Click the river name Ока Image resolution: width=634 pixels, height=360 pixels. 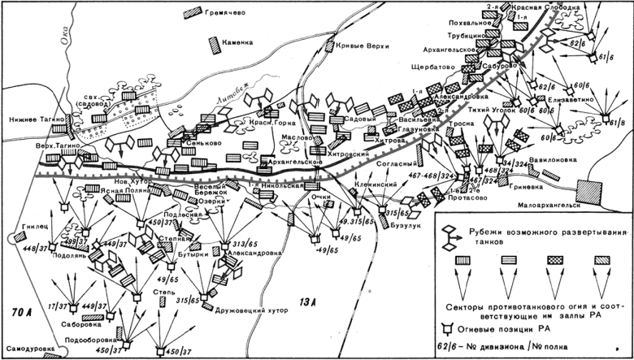coord(55,35)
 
